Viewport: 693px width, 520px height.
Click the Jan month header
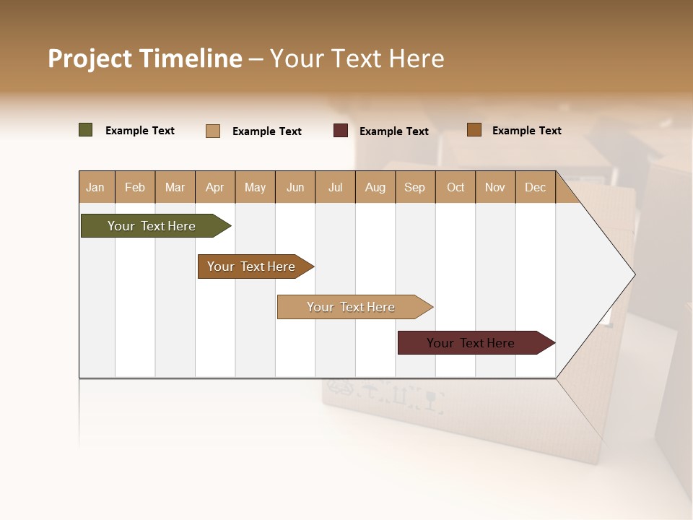[95, 187]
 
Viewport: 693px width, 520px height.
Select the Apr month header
[214, 187]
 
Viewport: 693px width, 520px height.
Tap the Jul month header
[335, 187]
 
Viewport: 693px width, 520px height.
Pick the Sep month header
[414, 187]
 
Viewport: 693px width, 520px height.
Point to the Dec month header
[535, 187]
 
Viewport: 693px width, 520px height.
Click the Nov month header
[494, 187]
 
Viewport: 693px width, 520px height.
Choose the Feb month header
[135, 187]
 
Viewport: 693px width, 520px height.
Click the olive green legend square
[86, 130]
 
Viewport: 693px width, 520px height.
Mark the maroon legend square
[341, 131]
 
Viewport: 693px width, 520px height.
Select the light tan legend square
[213, 131]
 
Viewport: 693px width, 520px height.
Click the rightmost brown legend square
[474, 130]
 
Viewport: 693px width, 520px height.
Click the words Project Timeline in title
[144, 58]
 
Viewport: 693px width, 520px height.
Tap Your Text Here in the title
[357, 58]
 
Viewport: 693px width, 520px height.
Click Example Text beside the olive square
[140, 131]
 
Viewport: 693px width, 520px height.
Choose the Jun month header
[295, 187]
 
